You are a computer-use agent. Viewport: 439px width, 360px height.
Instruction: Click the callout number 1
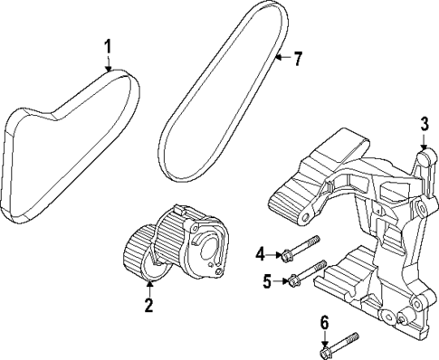pos(108,45)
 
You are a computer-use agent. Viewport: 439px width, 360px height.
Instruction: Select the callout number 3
pos(423,125)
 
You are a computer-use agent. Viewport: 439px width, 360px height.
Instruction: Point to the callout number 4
pos(259,254)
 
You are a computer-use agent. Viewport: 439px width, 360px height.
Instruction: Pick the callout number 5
pos(267,282)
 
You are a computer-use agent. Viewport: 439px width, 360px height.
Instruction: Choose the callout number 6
pos(324,321)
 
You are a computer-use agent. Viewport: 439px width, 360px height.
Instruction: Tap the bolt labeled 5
pos(306,272)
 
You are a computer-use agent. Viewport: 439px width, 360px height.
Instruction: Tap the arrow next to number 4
pos(273,254)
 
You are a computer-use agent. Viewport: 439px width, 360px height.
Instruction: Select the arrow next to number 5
pos(281,282)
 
